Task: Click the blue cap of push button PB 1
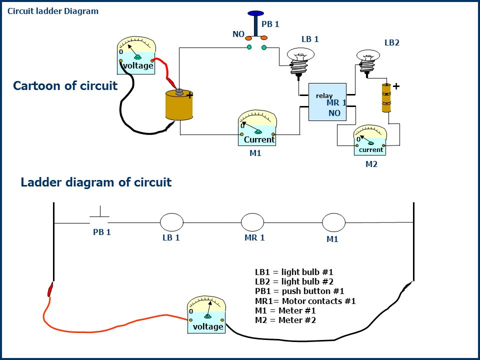click(255, 13)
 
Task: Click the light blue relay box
click(327, 102)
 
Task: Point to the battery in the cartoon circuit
click(179, 104)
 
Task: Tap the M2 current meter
click(370, 140)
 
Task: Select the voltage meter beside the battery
click(136, 55)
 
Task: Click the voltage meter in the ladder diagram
click(206, 314)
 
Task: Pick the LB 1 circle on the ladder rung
click(171, 222)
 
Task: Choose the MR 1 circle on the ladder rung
click(252, 222)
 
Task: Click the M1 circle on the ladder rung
click(333, 222)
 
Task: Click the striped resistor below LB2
click(386, 98)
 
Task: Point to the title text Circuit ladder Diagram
click(53, 11)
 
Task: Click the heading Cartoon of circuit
click(65, 85)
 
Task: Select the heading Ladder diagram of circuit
click(96, 182)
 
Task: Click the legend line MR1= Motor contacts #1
click(305, 301)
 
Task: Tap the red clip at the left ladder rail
click(50, 289)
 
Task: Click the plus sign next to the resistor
click(396, 86)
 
